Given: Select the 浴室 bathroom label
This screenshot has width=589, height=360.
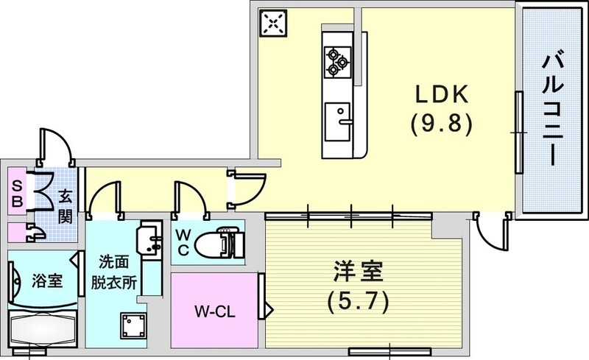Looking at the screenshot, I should pos(46,280).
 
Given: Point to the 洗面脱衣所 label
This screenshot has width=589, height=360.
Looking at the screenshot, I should pos(112,272).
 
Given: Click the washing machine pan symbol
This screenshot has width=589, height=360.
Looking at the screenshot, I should pos(134,325).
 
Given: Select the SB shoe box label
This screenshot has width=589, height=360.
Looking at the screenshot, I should pos(16,191).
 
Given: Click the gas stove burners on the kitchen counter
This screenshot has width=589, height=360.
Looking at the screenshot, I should pos(338,61).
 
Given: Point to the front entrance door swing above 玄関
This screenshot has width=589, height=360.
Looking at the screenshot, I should pos(57,146).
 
